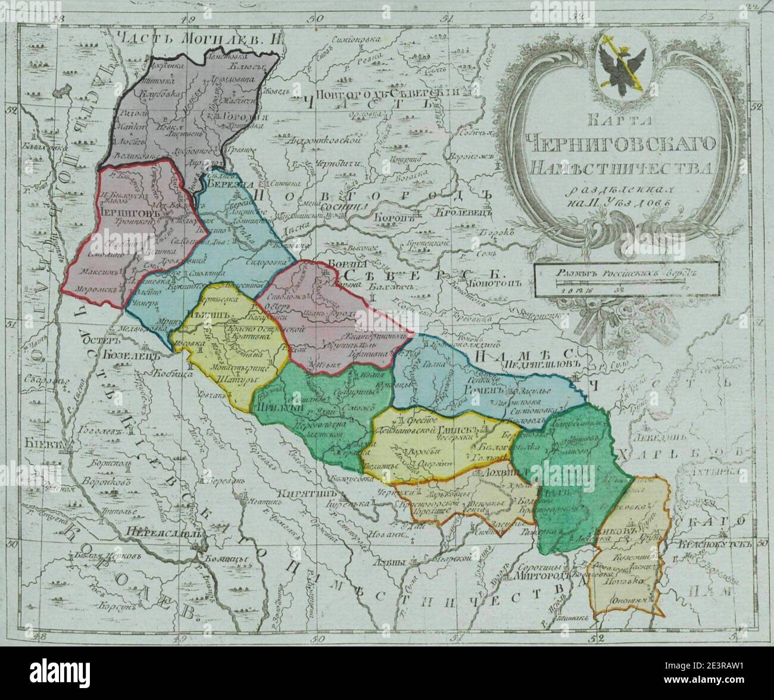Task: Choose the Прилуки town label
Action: point(271,407)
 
